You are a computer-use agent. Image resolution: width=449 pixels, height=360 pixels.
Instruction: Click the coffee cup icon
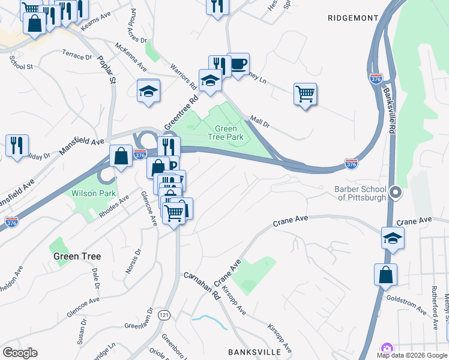[x=238, y=63]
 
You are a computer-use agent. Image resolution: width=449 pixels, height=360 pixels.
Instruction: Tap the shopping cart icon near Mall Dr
[x=305, y=94]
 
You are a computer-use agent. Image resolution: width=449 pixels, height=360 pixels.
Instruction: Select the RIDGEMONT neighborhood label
[x=352, y=18]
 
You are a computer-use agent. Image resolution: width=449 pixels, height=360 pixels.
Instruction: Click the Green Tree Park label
[x=229, y=133]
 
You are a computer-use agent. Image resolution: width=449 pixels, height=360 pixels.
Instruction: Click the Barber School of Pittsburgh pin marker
[x=396, y=193]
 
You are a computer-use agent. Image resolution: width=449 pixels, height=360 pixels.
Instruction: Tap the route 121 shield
[x=164, y=314]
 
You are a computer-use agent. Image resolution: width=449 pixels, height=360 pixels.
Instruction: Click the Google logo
[x=20, y=353]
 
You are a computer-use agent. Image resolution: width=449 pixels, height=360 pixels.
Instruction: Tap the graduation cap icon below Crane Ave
[x=393, y=238]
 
